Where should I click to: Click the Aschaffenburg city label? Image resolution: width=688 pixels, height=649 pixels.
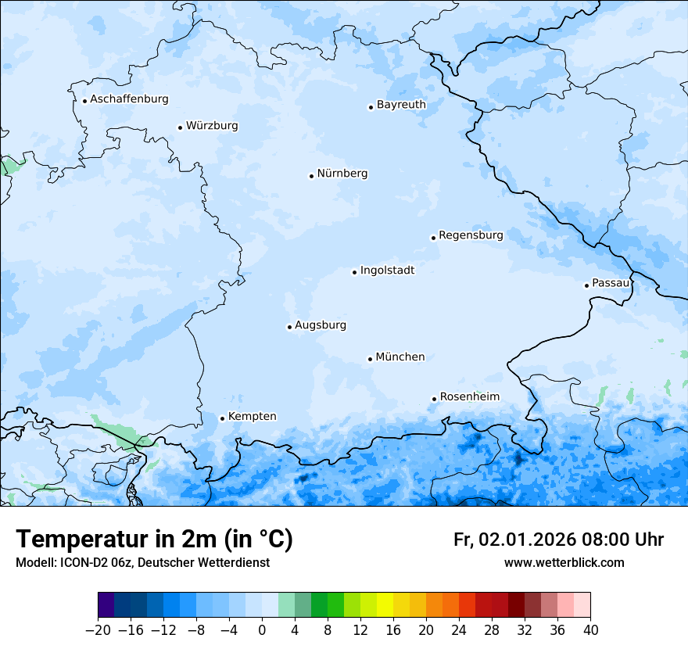129,99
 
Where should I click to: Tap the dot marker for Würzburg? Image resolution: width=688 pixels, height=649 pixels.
181,127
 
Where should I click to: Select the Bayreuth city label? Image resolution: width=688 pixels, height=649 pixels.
401,105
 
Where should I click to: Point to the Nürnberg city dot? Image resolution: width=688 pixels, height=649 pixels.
311,176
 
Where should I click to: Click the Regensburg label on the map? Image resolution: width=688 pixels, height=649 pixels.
471,235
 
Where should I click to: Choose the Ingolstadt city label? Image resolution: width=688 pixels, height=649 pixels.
387,271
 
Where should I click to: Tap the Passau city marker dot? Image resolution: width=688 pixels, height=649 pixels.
586,285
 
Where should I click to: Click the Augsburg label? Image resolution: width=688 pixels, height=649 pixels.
321,325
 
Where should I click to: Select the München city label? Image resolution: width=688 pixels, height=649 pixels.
400,357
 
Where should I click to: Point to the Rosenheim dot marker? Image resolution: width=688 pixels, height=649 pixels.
434,399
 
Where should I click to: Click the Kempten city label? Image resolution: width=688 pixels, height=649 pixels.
252,417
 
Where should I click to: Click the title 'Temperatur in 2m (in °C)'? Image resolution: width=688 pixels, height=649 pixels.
154,540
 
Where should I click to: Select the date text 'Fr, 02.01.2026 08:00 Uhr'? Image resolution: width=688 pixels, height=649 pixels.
558,540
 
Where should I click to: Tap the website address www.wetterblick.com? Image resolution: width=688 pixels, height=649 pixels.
564,563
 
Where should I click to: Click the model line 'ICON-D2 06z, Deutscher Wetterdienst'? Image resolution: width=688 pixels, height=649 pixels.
142,563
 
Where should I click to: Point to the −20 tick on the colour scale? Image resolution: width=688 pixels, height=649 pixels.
98,629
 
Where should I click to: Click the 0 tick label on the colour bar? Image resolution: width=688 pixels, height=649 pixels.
262,629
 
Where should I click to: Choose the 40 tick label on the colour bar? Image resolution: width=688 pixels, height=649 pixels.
590,629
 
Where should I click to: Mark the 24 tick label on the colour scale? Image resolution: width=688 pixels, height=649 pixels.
459,629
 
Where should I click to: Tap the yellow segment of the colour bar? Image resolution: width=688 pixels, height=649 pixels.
385,604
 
